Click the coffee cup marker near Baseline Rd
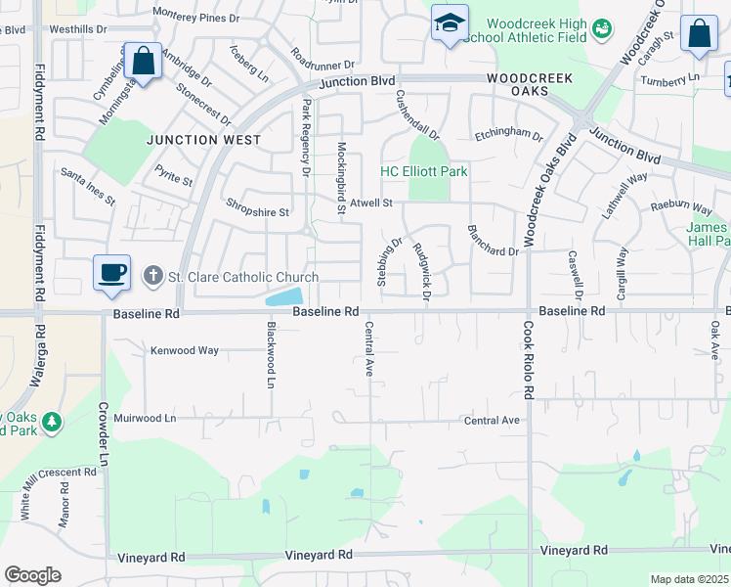[111, 271]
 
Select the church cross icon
[152, 277]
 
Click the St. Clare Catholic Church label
[243, 277]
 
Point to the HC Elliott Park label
[423, 172]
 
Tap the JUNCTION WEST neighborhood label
[204, 140]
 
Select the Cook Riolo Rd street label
[529, 360]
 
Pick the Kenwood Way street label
[184, 350]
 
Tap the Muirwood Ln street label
[144, 419]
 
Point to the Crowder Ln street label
[103, 432]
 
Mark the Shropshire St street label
[258, 211]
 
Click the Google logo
[32, 575]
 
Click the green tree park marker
[49, 423]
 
